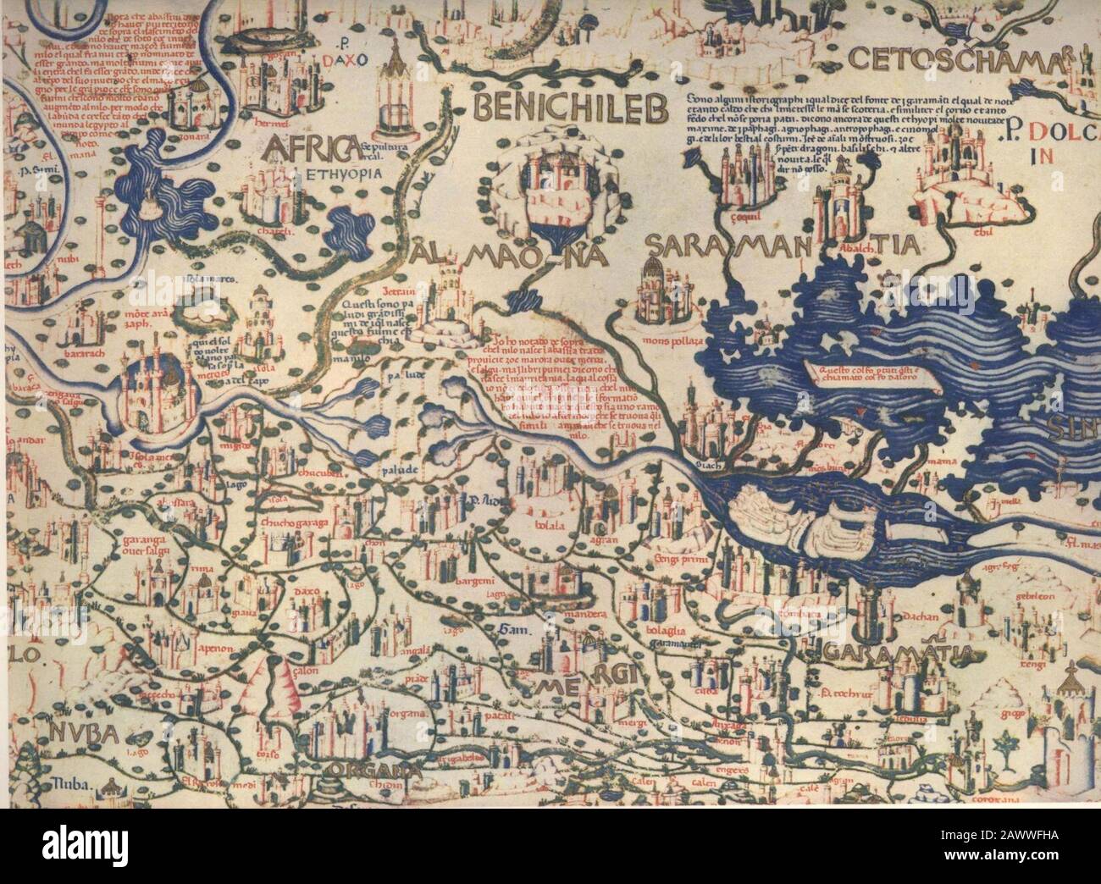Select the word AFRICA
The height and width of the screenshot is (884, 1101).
pyautogui.click(x=307, y=151)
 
